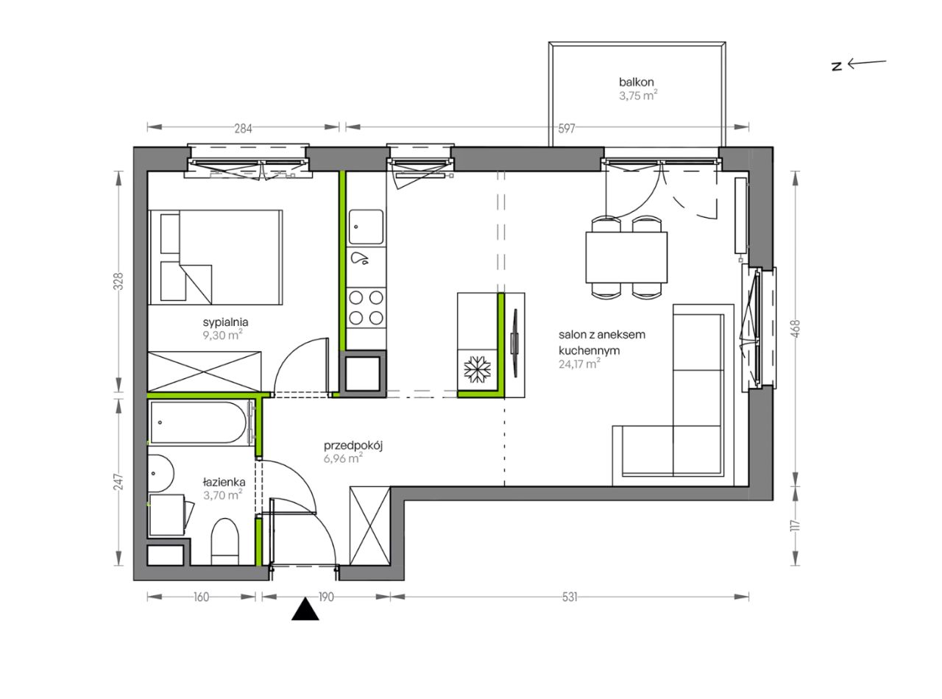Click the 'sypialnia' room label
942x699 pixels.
(x=225, y=322)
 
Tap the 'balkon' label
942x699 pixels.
(x=636, y=82)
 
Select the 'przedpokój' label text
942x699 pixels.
(x=353, y=445)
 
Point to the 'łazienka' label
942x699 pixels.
(x=224, y=482)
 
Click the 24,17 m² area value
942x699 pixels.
(x=579, y=364)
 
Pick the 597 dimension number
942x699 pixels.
(x=566, y=128)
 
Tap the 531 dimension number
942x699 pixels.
(x=570, y=597)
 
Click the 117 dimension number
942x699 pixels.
(x=796, y=525)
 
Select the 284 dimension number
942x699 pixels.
(x=244, y=128)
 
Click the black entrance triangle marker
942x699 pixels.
(x=305, y=610)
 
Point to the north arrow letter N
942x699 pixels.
(x=836, y=67)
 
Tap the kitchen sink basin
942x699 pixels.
(x=366, y=227)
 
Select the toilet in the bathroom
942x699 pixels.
(x=224, y=542)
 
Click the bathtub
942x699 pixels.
(x=199, y=422)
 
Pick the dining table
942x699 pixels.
(x=626, y=257)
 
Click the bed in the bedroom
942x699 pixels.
(x=216, y=257)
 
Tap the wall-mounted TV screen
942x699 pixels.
(x=515, y=342)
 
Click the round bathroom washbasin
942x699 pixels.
(x=161, y=474)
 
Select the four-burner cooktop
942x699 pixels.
(x=366, y=308)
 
